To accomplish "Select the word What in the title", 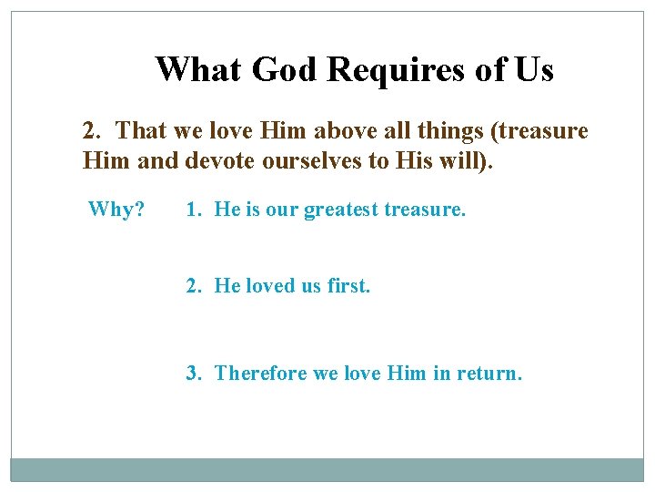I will [x=199, y=69].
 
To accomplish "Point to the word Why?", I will [x=116, y=210].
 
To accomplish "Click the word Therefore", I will [x=261, y=373].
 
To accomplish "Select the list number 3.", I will [x=194, y=373].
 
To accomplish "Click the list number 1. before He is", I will [x=194, y=210].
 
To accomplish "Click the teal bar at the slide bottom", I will [x=327, y=469].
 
